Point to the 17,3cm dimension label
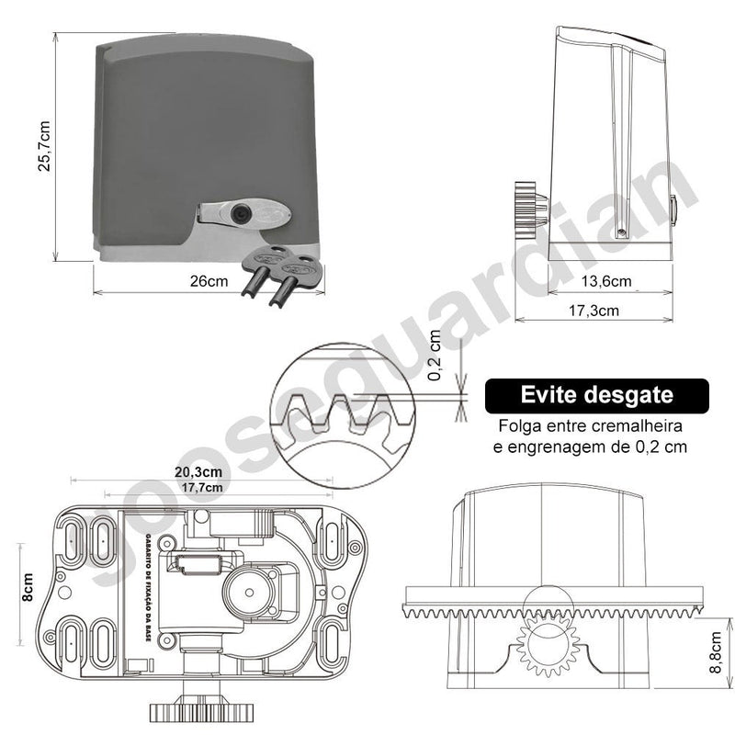[594, 311]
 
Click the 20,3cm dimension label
[196, 471]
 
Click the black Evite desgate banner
[597, 396]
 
